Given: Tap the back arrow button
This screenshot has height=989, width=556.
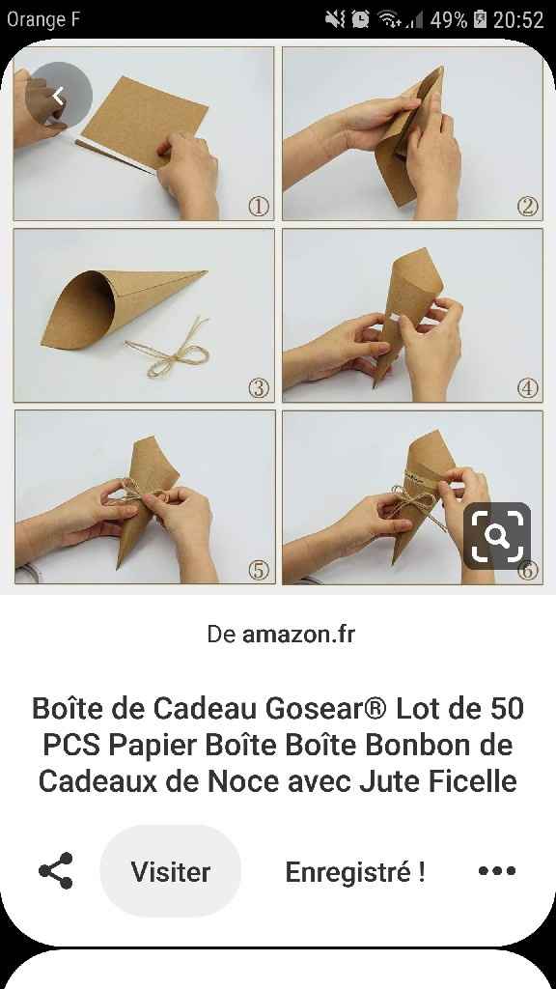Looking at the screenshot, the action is coord(59,96).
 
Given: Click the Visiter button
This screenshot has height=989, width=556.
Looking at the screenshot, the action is coord(170,871).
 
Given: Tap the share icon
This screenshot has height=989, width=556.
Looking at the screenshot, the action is coord(56,871).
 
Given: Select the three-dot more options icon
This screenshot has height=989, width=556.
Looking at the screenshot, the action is coord(497,871).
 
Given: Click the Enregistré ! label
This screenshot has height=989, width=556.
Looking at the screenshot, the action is coord(355,872).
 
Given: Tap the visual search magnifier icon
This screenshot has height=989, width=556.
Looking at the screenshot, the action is coord(497,535).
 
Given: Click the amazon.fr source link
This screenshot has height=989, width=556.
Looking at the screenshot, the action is coord(298,635).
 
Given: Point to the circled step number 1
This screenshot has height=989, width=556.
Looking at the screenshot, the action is coord(258,206).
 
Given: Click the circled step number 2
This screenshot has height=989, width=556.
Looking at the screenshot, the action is coord(528,206).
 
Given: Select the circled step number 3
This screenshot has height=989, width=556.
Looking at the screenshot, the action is coord(258,388).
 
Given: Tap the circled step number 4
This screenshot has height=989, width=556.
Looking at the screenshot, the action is coord(528,388).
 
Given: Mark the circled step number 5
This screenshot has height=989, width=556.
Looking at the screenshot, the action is coord(259,570).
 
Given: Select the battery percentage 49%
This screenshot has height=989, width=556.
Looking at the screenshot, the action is coord(448,20).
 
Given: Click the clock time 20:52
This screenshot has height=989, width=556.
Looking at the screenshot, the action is coord(518,20).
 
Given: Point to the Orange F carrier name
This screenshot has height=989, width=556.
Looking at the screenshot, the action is coord(43,19).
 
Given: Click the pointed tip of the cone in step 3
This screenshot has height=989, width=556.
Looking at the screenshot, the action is coord(207,271).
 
